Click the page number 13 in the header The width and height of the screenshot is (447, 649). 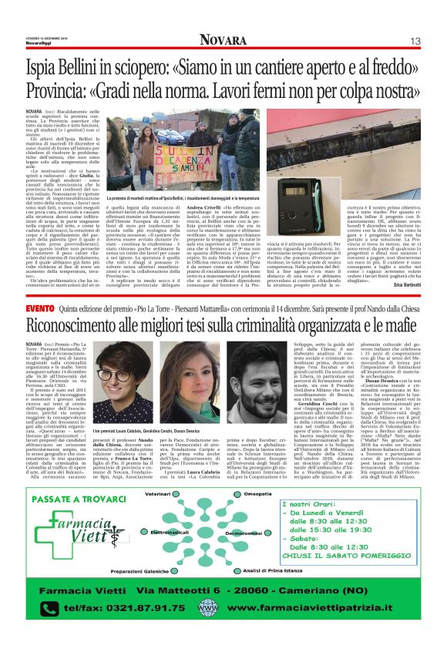(x=415, y=41)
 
